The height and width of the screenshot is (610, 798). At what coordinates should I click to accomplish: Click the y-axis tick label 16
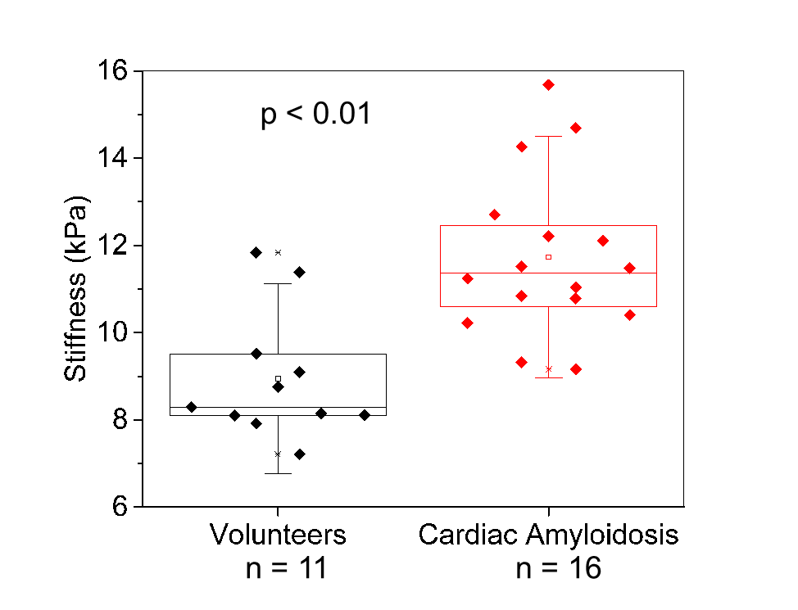tap(115, 71)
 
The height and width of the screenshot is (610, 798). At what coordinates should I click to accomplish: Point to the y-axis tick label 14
tap(115, 158)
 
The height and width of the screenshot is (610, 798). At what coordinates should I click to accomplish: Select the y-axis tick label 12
tap(115, 246)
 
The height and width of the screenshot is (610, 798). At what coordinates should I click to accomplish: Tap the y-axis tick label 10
tap(115, 332)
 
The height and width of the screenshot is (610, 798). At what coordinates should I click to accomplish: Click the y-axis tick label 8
tap(121, 420)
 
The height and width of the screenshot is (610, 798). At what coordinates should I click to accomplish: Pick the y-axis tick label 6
tap(121, 507)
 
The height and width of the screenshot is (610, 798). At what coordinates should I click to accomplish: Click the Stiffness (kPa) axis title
tap(75, 289)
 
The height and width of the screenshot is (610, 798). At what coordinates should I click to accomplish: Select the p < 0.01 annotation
tap(315, 114)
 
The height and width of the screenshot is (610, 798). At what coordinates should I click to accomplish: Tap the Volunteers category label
tap(278, 535)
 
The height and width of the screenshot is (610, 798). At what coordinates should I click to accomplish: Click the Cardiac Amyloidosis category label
tap(548, 535)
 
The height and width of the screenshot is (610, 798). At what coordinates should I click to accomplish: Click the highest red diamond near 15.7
tap(548, 84)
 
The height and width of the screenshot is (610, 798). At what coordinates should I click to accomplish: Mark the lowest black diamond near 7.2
tap(300, 454)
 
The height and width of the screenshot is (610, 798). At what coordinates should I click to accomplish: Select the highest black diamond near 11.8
tap(256, 252)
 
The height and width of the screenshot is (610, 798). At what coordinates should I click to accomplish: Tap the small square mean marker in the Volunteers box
tap(278, 378)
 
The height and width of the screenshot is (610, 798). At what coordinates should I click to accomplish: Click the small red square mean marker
tap(548, 257)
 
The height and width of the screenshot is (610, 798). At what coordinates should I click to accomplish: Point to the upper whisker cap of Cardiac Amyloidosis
tap(548, 136)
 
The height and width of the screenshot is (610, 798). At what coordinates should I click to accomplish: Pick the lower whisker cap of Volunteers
tap(278, 473)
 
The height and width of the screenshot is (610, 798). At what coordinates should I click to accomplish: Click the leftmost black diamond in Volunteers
tap(192, 407)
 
